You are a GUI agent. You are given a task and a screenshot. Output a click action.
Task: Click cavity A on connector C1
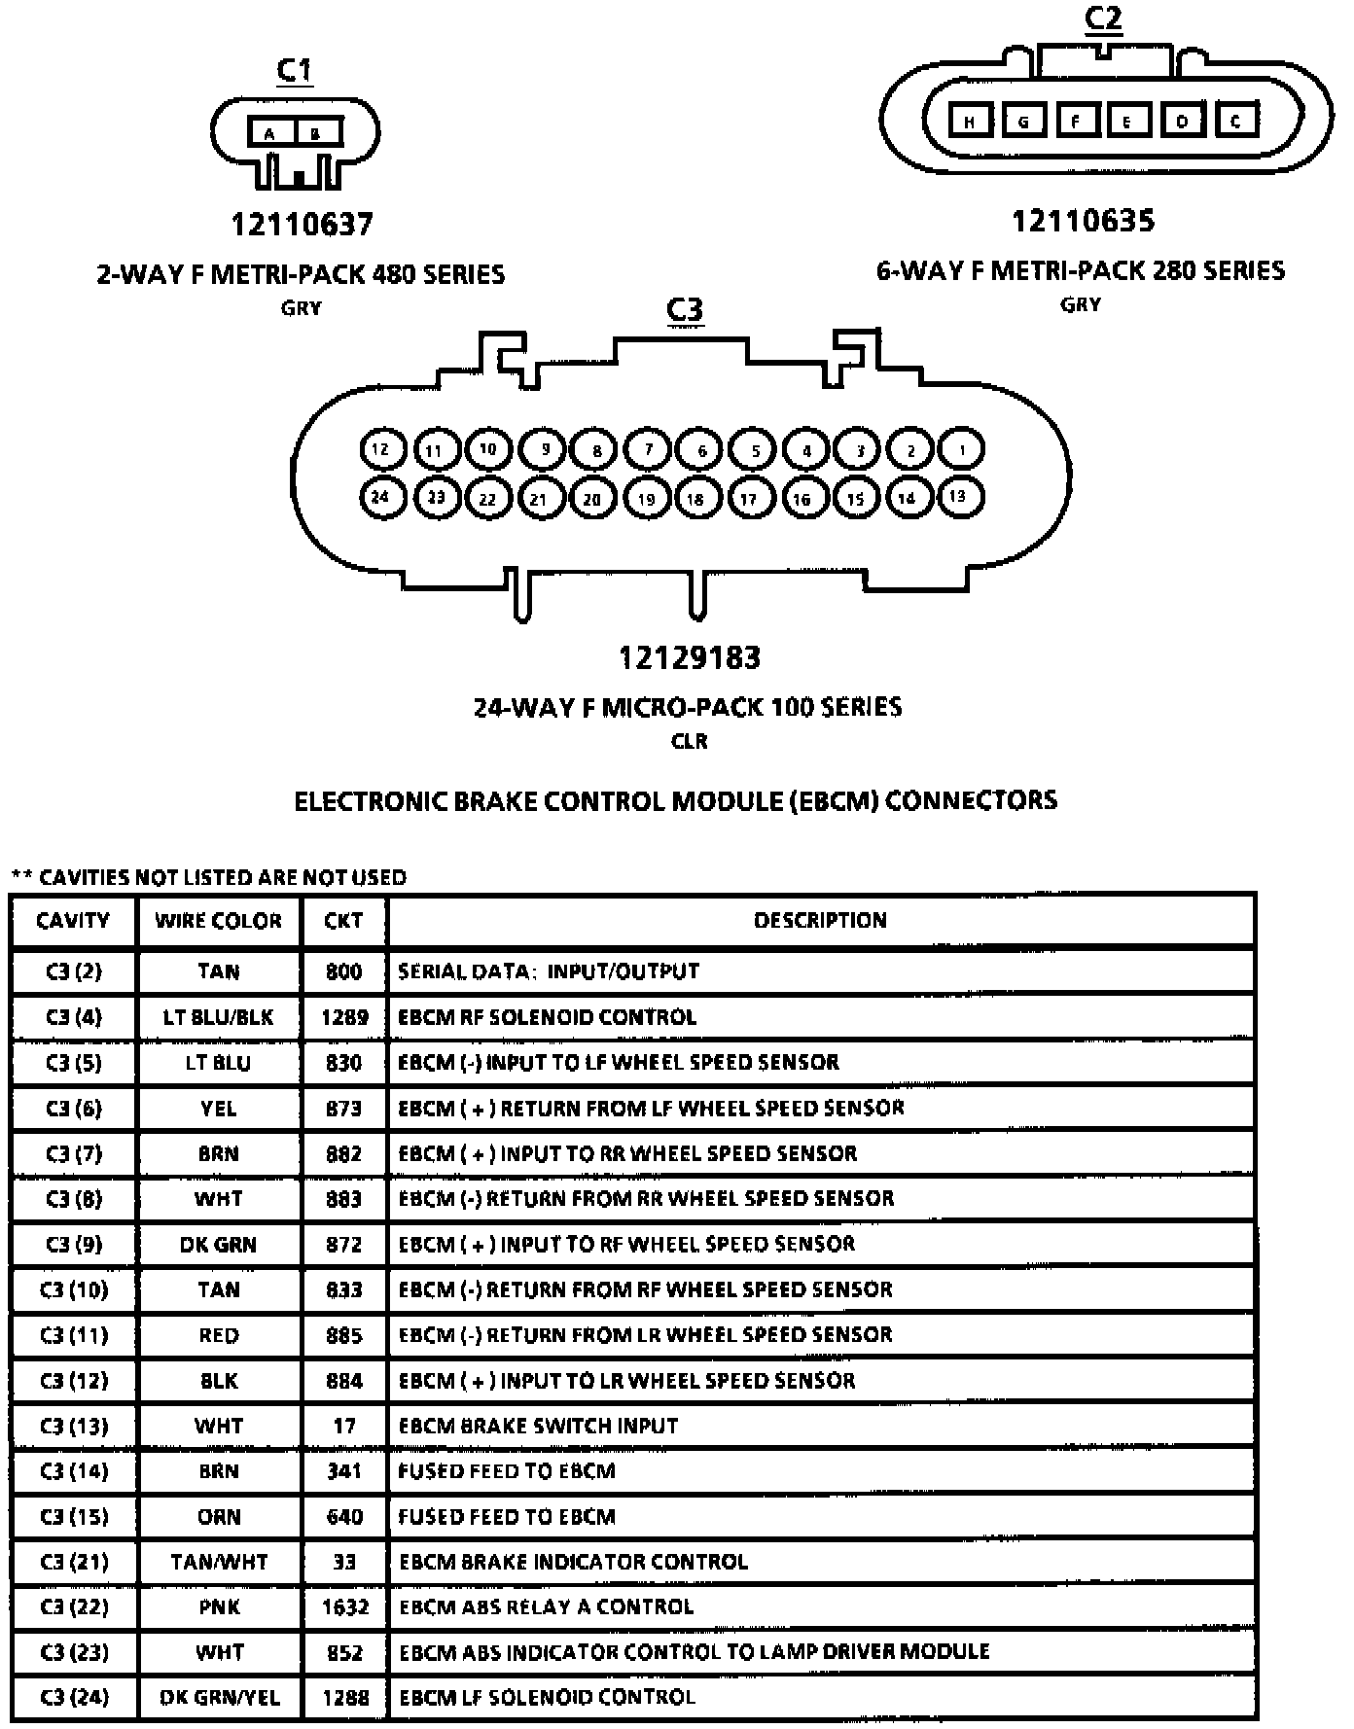(x=269, y=133)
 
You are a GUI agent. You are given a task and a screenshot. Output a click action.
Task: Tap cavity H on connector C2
(x=970, y=121)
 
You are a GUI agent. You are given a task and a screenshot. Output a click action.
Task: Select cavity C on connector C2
(x=1235, y=121)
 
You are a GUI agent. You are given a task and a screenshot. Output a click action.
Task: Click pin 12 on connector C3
(x=380, y=449)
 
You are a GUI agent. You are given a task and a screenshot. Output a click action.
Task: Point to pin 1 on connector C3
(x=961, y=449)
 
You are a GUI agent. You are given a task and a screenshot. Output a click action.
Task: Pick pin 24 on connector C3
(x=380, y=497)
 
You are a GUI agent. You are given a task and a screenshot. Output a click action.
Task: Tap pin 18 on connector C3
(x=695, y=499)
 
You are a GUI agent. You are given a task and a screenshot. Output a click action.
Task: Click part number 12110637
(x=302, y=225)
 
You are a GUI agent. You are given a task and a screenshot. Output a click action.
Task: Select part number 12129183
(x=690, y=658)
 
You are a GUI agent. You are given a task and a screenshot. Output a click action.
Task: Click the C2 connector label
(x=1103, y=19)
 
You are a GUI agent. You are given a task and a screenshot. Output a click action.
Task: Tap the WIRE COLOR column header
(x=218, y=921)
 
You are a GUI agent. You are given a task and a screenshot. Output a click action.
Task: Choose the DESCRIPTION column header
(x=820, y=921)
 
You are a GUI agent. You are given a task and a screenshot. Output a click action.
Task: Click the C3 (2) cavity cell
(x=73, y=971)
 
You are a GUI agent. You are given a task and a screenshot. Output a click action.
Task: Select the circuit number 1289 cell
(x=344, y=1017)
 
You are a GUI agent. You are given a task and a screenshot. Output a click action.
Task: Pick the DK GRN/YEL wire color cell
(x=219, y=1698)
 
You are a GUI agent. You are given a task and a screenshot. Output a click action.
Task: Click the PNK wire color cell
(x=219, y=1607)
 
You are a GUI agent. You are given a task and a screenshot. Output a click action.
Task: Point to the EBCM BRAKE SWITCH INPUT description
(x=538, y=1427)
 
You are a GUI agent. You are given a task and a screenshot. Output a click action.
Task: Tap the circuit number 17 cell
(x=344, y=1427)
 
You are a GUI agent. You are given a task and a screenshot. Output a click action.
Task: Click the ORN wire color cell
(x=219, y=1517)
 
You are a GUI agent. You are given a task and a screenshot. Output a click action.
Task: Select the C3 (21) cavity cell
(x=73, y=1563)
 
